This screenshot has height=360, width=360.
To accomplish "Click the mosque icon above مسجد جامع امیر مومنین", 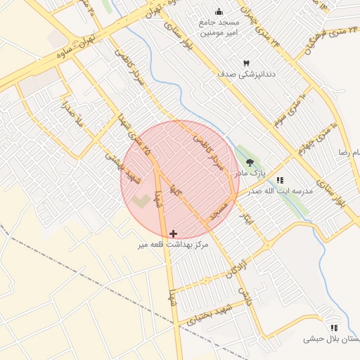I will (219, 11).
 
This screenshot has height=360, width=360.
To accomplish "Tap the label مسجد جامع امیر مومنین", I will (219, 27).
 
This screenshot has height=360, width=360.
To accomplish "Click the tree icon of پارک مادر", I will (250, 162).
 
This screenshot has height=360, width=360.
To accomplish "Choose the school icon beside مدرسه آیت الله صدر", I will (280, 180).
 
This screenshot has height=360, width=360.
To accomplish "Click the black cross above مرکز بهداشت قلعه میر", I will (173, 233).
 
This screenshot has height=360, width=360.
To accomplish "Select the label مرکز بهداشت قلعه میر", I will (173, 245).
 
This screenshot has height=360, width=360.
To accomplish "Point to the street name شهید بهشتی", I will (120, 167).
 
